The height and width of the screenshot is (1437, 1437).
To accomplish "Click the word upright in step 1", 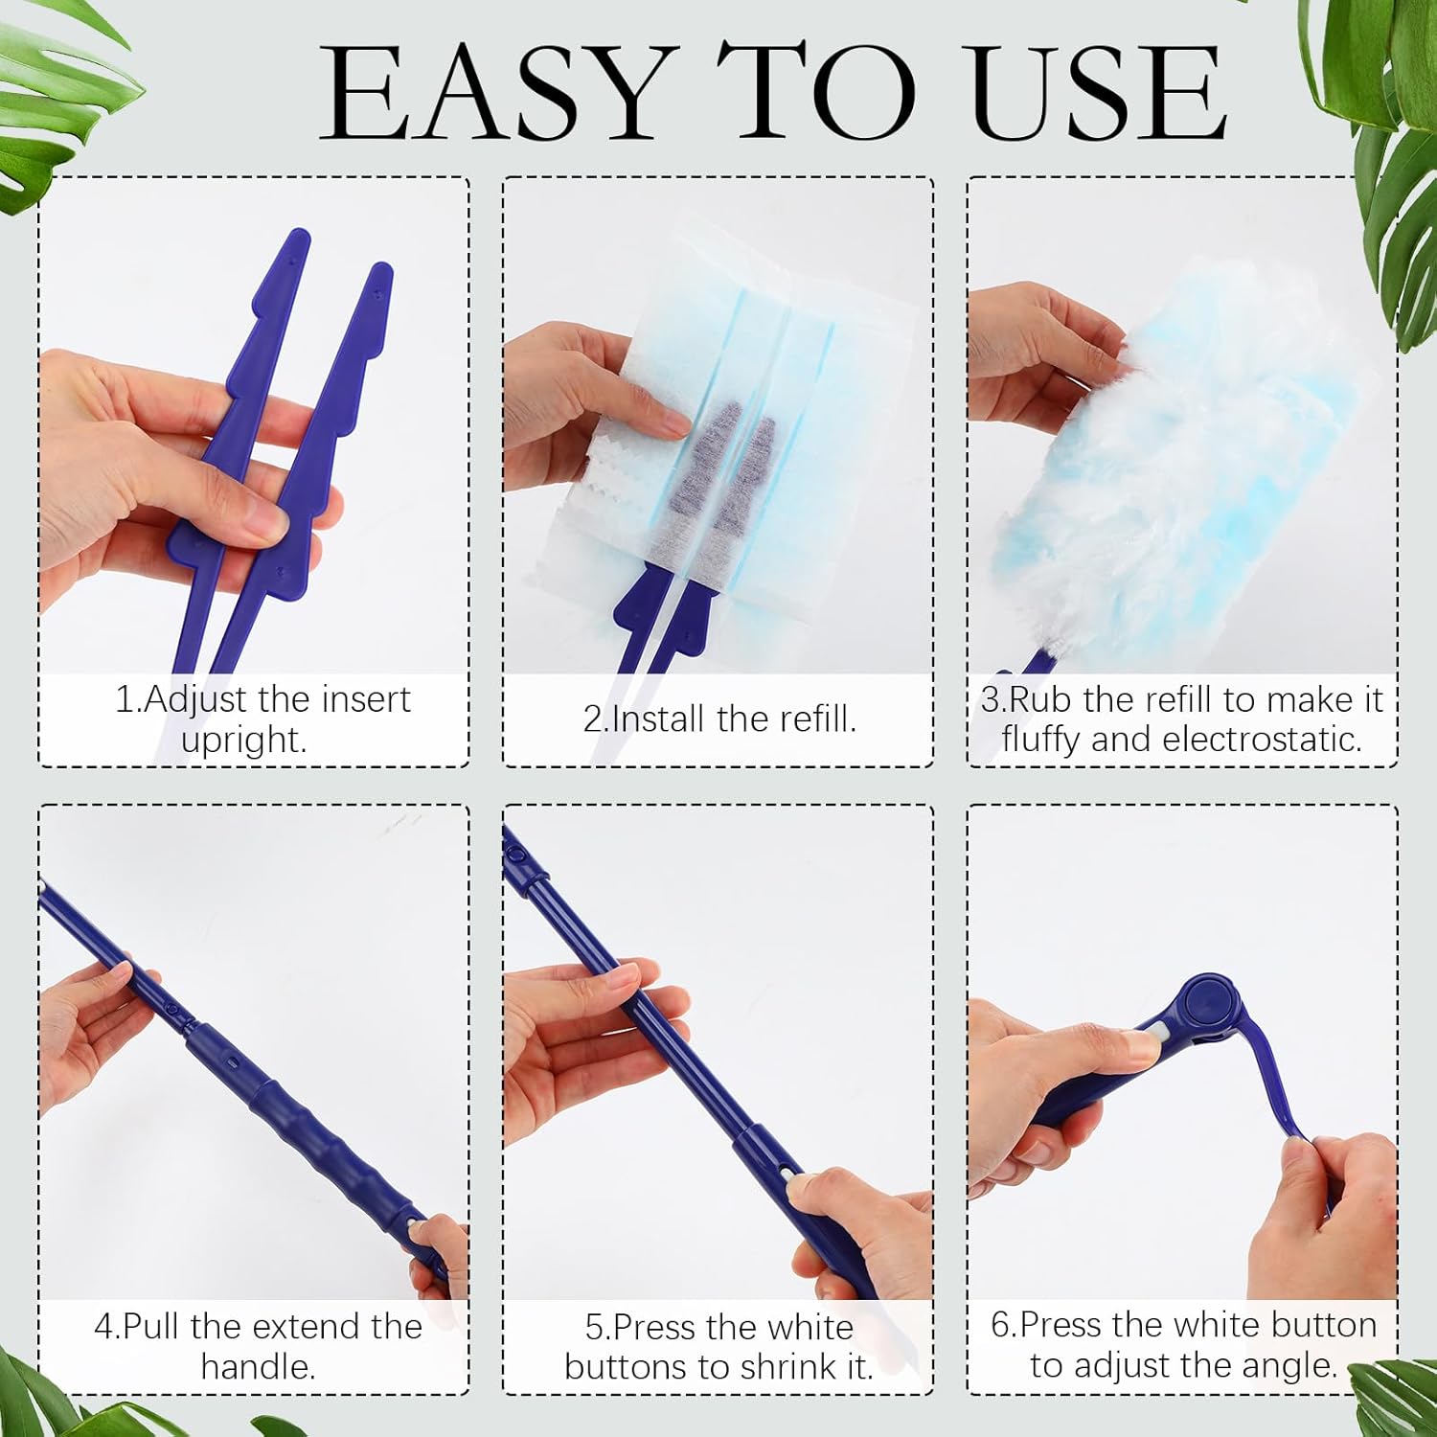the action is point(244,741).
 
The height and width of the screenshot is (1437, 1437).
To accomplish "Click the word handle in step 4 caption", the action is point(258,1366).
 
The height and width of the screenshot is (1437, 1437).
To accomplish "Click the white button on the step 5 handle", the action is point(787,1175).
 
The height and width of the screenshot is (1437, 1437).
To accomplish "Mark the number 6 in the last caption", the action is point(1000,1325).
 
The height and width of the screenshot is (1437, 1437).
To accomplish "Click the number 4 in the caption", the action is point(103,1327).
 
